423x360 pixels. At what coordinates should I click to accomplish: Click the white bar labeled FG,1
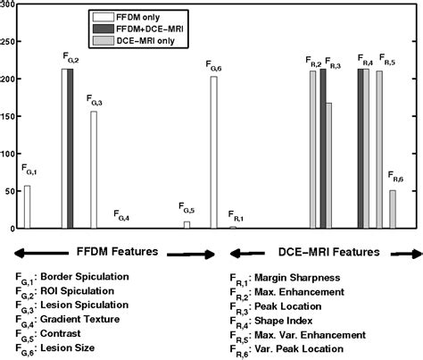(27, 207)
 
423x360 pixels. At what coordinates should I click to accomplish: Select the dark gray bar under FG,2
(70, 148)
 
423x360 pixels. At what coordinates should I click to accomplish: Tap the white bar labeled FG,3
(94, 170)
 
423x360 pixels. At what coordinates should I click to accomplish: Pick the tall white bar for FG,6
(214, 153)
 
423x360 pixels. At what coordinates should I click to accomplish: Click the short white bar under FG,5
(187, 225)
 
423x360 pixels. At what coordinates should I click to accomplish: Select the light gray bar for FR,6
(393, 209)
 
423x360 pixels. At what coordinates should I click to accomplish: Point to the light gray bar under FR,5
(379, 149)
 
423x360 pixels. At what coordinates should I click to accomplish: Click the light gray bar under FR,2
(313, 149)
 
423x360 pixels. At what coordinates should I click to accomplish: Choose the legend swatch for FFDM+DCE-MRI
(104, 29)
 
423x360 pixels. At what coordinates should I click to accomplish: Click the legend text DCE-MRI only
(145, 41)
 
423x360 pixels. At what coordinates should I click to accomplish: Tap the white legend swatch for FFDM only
(104, 17)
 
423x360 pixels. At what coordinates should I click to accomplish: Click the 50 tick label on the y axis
(9, 191)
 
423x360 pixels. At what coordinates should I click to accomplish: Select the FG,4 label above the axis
(121, 215)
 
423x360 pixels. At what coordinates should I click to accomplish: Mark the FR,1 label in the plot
(236, 215)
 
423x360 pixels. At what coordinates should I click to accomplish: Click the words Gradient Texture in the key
(79, 319)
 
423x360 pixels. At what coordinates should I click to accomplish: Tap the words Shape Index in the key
(284, 321)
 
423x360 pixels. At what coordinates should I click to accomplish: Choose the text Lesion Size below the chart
(67, 347)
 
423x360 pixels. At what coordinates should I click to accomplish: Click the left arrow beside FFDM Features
(41, 254)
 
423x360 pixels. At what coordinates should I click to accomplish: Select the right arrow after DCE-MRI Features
(406, 254)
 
